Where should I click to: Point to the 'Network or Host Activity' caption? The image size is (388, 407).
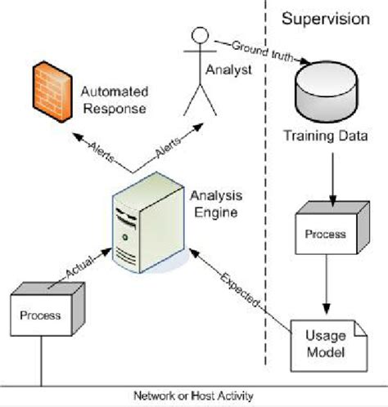[x=194, y=396]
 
